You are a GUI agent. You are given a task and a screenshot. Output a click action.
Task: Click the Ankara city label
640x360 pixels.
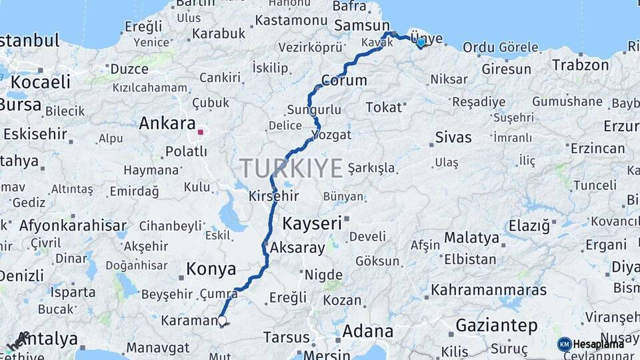167,123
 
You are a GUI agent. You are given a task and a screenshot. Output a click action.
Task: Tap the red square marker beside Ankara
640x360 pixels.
200,131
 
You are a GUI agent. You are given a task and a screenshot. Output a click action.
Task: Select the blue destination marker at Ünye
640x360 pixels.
421,42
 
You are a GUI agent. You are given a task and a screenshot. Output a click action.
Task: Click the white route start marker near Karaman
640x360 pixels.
222,321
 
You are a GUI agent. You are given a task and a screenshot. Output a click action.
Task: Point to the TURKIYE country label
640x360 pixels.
291,168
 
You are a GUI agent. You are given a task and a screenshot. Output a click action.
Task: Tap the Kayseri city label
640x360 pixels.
312,223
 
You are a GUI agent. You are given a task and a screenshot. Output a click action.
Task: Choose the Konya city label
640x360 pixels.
211,269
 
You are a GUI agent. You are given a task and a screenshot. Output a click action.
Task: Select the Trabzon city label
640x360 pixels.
581,65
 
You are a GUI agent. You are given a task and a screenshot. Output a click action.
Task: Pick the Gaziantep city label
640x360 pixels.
497,325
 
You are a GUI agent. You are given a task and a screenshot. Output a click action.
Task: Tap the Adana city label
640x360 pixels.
367,331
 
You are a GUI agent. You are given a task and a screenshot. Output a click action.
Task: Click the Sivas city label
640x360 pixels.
453,137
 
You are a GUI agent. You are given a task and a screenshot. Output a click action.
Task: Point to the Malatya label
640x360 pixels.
471,238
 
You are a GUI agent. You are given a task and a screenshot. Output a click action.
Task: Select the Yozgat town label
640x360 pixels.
331,135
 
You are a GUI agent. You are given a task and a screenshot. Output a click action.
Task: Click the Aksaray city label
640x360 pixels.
297,248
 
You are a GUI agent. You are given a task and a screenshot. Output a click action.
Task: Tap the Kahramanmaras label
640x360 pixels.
489,291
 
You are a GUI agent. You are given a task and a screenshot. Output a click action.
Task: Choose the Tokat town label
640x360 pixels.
384,107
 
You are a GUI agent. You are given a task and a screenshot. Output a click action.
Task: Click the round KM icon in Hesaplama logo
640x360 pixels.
564,344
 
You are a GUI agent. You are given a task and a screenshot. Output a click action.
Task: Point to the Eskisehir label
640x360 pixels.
34,134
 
